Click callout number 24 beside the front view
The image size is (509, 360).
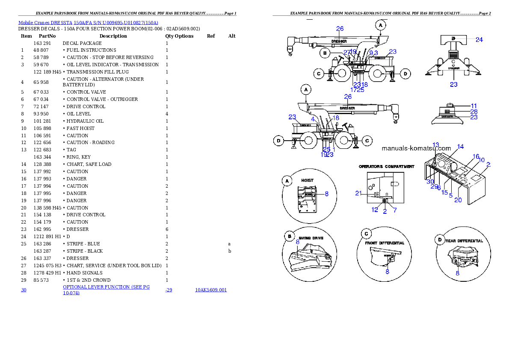479,40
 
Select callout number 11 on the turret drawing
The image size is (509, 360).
473,105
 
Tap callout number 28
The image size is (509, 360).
473,111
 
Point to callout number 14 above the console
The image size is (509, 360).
460,147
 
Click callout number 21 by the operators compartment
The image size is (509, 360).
358,193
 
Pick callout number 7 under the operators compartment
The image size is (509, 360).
395,210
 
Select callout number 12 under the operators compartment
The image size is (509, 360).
375,210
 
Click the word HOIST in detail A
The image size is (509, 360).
307,180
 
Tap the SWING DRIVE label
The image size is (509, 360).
311,238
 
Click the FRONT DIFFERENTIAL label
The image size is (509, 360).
385,243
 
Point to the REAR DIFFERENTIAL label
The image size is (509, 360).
465,241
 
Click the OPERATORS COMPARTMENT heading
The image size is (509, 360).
386,166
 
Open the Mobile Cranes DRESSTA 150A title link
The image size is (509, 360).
88,23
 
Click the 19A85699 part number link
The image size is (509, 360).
211,290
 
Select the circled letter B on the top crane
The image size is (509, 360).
326,53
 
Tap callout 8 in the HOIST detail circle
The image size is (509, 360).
326,194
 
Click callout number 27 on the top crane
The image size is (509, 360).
346,52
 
